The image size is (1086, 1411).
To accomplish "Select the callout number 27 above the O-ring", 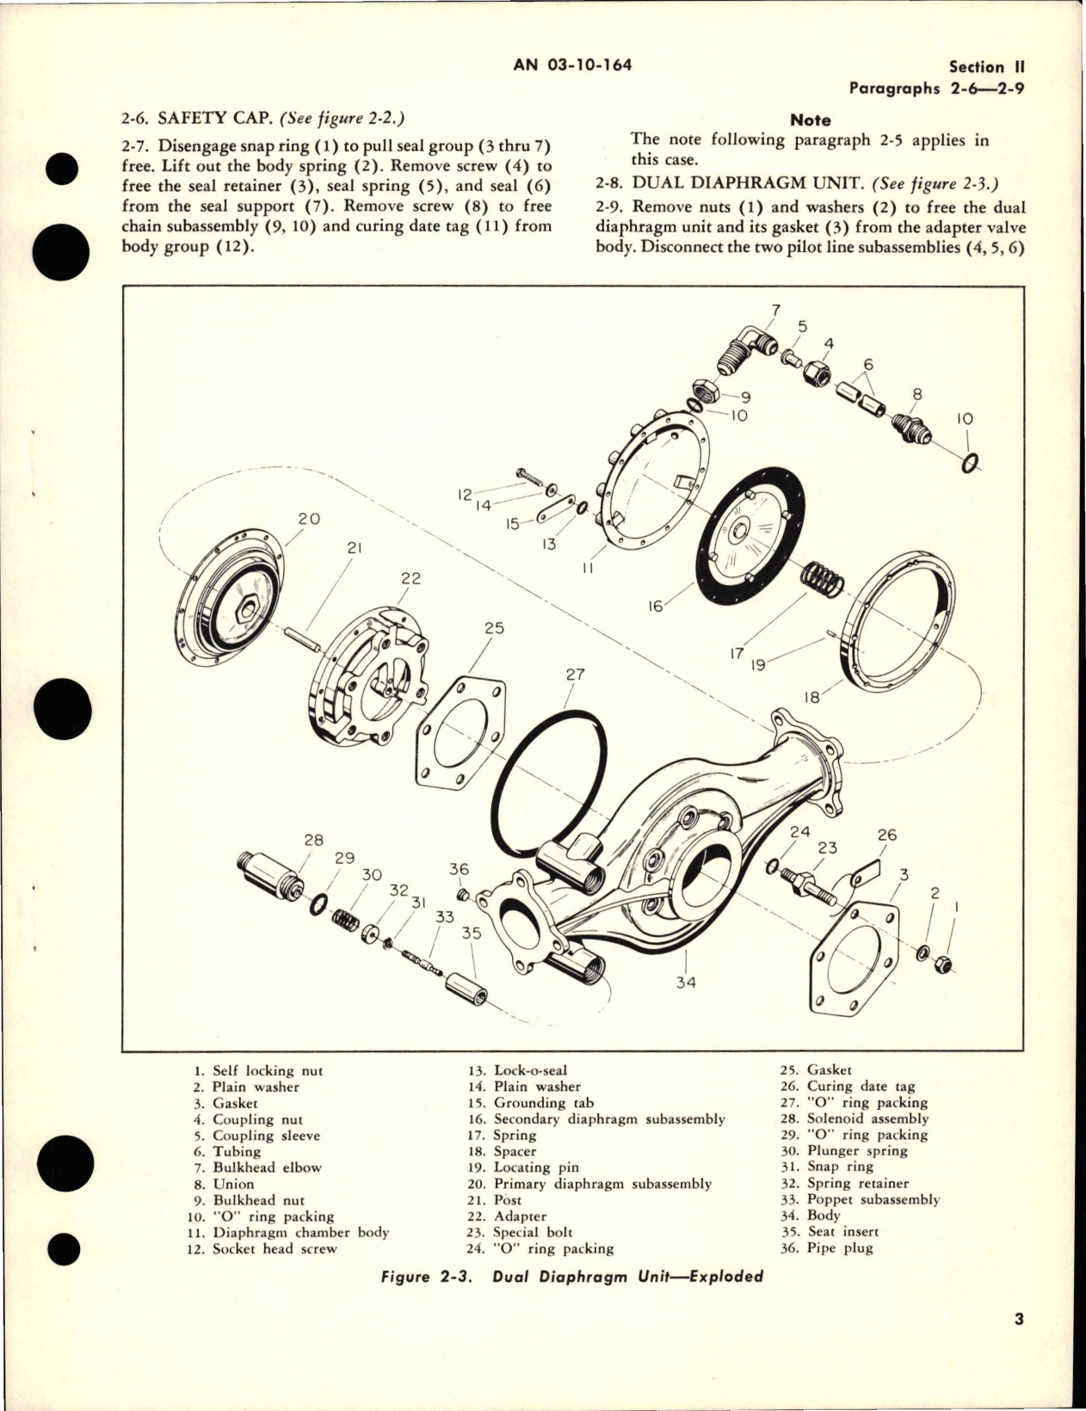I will coord(575,675).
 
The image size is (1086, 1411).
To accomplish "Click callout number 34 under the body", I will coord(685,982).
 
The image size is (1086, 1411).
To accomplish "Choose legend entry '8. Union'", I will coord(225,1183).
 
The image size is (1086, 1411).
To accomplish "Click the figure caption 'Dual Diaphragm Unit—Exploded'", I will coord(627,1276).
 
